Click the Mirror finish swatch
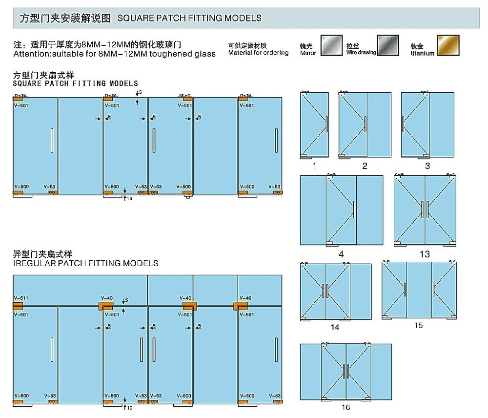(330, 45)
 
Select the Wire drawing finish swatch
(388, 45)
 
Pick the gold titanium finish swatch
(448, 45)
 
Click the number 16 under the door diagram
(346, 407)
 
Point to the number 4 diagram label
(341, 254)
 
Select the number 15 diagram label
(418, 325)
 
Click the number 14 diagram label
(335, 327)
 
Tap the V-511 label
(21, 298)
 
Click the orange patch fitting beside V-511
(18, 306)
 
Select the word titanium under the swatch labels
(422, 53)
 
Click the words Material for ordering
(258, 53)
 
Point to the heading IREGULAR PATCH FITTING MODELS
(86, 263)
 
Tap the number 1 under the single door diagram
(314, 166)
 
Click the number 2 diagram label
(365, 166)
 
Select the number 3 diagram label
(427, 166)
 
